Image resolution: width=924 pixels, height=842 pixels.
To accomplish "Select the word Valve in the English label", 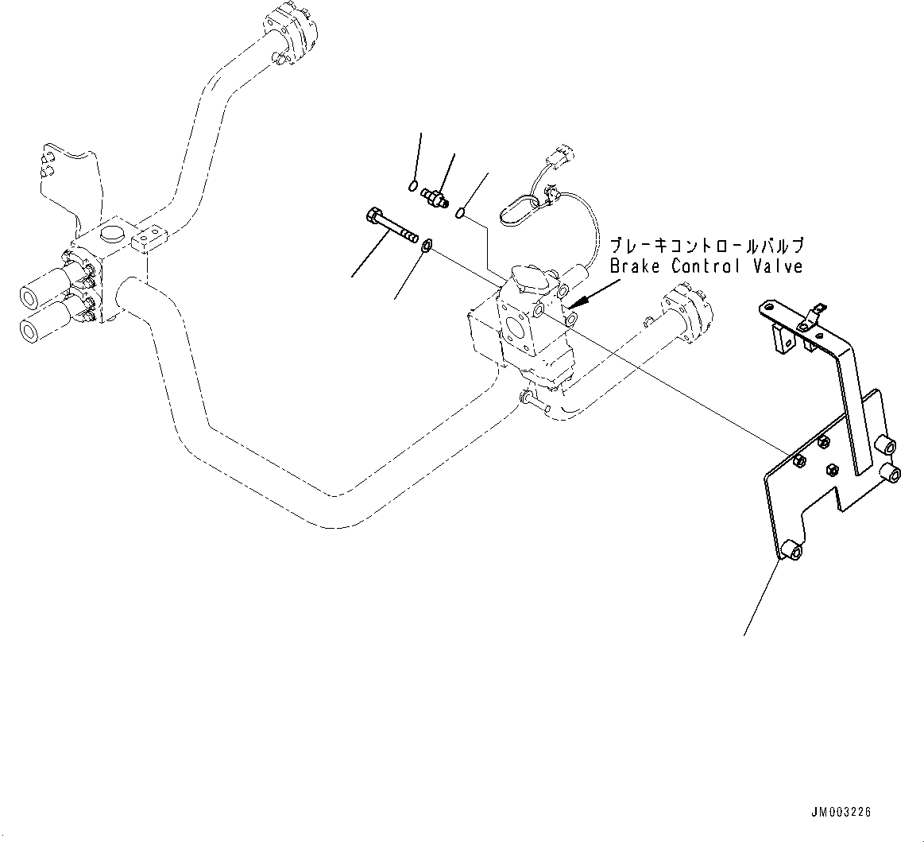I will click(x=777, y=266).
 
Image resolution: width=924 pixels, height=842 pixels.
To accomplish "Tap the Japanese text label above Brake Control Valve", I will click(x=706, y=244).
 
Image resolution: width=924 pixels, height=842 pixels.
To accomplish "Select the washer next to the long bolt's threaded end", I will click(x=427, y=245).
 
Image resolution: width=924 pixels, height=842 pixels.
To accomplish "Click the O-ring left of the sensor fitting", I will click(x=412, y=186).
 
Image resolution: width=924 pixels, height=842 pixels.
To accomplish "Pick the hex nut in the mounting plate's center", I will click(x=832, y=470).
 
